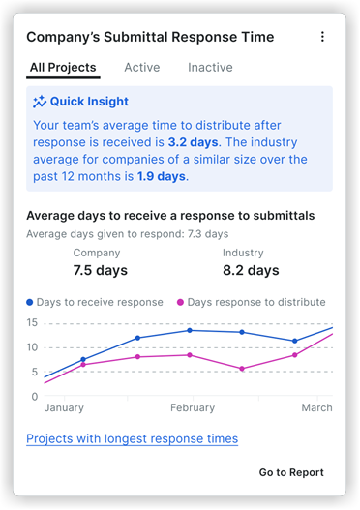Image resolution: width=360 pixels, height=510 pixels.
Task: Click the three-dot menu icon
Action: pyautogui.click(x=322, y=37)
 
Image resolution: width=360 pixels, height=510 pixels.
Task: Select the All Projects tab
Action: pyautogui.click(x=63, y=68)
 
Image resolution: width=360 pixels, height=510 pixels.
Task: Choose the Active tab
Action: pyautogui.click(x=142, y=68)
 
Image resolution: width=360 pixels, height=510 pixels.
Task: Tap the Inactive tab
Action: pyautogui.click(x=210, y=68)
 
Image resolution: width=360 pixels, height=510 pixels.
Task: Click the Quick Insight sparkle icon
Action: pyautogui.click(x=40, y=101)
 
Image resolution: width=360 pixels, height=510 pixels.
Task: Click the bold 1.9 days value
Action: pyautogui.click(x=162, y=176)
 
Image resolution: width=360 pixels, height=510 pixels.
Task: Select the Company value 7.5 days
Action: pyautogui.click(x=100, y=270)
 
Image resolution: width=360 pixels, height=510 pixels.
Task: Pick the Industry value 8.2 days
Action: pyautogui.click(x=251, y=270)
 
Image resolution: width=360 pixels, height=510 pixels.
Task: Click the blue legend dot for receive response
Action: pyautogui.click(x=30, y=303)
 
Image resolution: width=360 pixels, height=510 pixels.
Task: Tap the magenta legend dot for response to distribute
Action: pyautogui.click(x=180, y=303)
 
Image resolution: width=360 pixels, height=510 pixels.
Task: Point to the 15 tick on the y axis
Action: pyautogui.click(x=33, y=322)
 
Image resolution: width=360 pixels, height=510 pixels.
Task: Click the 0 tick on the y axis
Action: pyautogui.click(x=36, y=396)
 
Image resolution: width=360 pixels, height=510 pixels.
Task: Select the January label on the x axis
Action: pyautogui.click(x=64, y=408)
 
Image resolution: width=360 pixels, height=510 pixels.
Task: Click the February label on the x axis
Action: pyautogui.click(x=190, y=408)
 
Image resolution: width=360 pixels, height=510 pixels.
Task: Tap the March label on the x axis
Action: pyautogui.click(x=316, y=408)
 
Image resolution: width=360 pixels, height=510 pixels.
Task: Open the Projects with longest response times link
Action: pyautogui.click(x=132, y=438)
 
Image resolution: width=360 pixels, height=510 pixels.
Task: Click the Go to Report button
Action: pyautogui.click(x=291, y=472)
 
